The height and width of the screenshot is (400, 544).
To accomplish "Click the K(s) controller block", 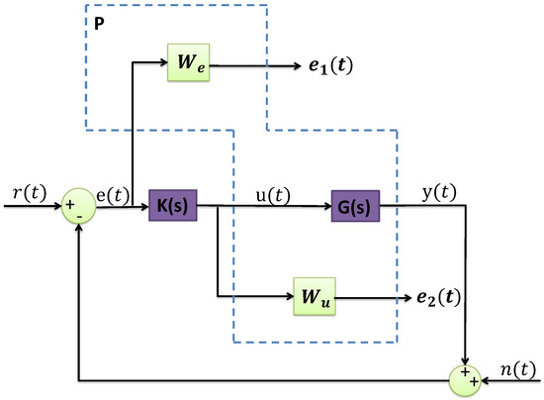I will pos(174,207).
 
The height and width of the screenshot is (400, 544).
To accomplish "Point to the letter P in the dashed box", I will pos(101,20).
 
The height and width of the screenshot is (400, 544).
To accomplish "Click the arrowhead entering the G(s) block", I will pos(325,207).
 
